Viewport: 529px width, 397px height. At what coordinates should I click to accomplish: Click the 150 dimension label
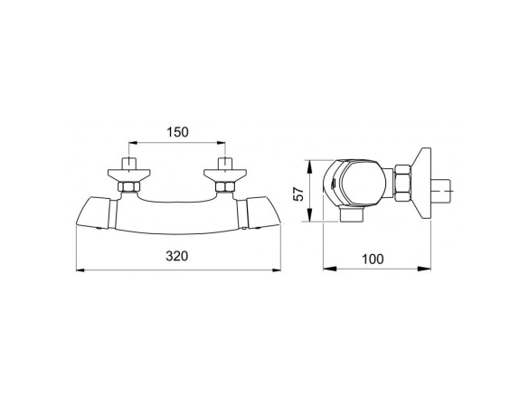coord(178,132)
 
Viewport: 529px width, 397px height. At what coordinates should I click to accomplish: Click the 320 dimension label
coord(176,256)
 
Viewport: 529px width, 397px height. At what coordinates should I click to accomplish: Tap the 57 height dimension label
coord(298,194)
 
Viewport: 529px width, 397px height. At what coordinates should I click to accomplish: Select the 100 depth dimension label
coord(373,259)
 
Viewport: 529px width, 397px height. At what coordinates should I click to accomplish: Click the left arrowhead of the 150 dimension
coord(133,143)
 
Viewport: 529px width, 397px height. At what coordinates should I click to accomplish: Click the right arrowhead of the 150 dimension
coord(222,143)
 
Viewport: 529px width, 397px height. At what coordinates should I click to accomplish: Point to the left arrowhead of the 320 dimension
coord(80,269)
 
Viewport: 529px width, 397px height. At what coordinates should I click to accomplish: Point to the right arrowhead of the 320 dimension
coord(277,269)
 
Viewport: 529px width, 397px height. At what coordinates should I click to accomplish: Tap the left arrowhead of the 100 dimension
coord(330,269)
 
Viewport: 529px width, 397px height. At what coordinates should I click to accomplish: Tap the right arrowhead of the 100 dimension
coord(424,269)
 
